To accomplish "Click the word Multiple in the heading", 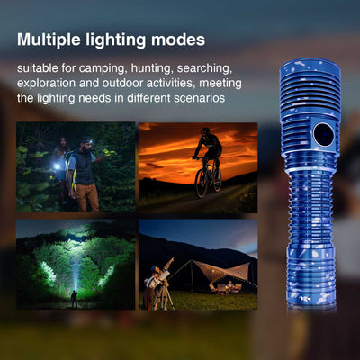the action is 49,40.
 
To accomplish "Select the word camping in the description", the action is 102,69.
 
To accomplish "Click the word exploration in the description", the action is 46,84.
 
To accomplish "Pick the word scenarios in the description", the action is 200,98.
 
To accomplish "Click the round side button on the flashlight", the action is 323,135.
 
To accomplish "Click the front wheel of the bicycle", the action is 202,183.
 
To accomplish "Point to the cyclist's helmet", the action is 205,130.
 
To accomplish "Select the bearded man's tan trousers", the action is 88,197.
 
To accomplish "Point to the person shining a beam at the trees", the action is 74,299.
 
